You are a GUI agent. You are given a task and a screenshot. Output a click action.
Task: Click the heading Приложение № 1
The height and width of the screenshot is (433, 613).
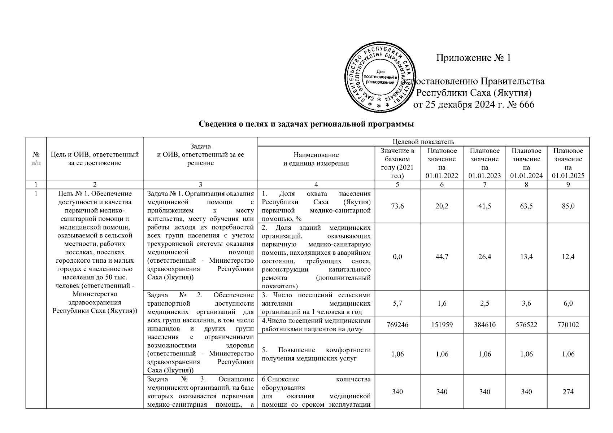pyautogui.click(x=473, y=58)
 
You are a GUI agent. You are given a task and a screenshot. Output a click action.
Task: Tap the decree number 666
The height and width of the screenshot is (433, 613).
pyautogui.click(x=526, y=105)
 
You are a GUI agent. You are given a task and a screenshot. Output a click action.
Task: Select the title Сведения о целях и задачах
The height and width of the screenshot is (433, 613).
pyautogui.click(x=306, y=124)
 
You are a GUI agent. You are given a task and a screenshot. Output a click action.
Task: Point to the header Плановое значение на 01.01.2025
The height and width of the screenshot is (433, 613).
pyautogui.click(x=568, y=163)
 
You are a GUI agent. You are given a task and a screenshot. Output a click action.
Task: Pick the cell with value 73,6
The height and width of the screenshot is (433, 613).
pyautogui.click(x=397, y=206)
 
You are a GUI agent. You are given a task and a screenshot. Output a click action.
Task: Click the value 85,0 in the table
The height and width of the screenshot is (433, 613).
pyautogui.click(x=568, y=206)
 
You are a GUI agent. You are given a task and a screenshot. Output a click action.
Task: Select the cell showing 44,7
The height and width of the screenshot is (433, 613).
pyautogui.click(x=442, y=257)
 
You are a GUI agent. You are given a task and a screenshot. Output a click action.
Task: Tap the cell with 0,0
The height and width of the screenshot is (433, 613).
pyautogui.click(x=397, y=257)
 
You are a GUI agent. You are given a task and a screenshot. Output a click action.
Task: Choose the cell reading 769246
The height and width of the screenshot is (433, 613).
pyautogui.click(x=397, y=325)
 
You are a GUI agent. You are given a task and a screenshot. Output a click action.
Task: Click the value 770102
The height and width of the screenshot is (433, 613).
pyautogui.click(x=568, y=325)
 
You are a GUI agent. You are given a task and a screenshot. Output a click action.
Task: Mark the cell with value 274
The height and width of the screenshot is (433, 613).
pyautogui.click(x=568, y=392)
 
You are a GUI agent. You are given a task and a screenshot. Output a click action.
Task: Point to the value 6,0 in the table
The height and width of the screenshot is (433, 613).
pyautogui.click(x=568, y=303)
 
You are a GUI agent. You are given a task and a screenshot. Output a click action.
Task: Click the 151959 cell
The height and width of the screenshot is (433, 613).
pyautogui.click(x=442, y=325)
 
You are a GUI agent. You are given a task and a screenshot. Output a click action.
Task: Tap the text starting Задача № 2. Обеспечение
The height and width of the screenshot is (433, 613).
pyautogui.click(x=200, y=295)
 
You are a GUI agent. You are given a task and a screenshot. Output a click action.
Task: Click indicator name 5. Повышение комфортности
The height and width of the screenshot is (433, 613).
pyautogui.click(x=316, y=354)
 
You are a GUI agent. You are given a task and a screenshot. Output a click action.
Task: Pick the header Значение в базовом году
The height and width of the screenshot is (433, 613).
pyautogui.click(x=397, y=163)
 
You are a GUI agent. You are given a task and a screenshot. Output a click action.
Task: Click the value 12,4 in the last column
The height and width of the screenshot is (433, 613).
pyautogui.click(x=568, y=257)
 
